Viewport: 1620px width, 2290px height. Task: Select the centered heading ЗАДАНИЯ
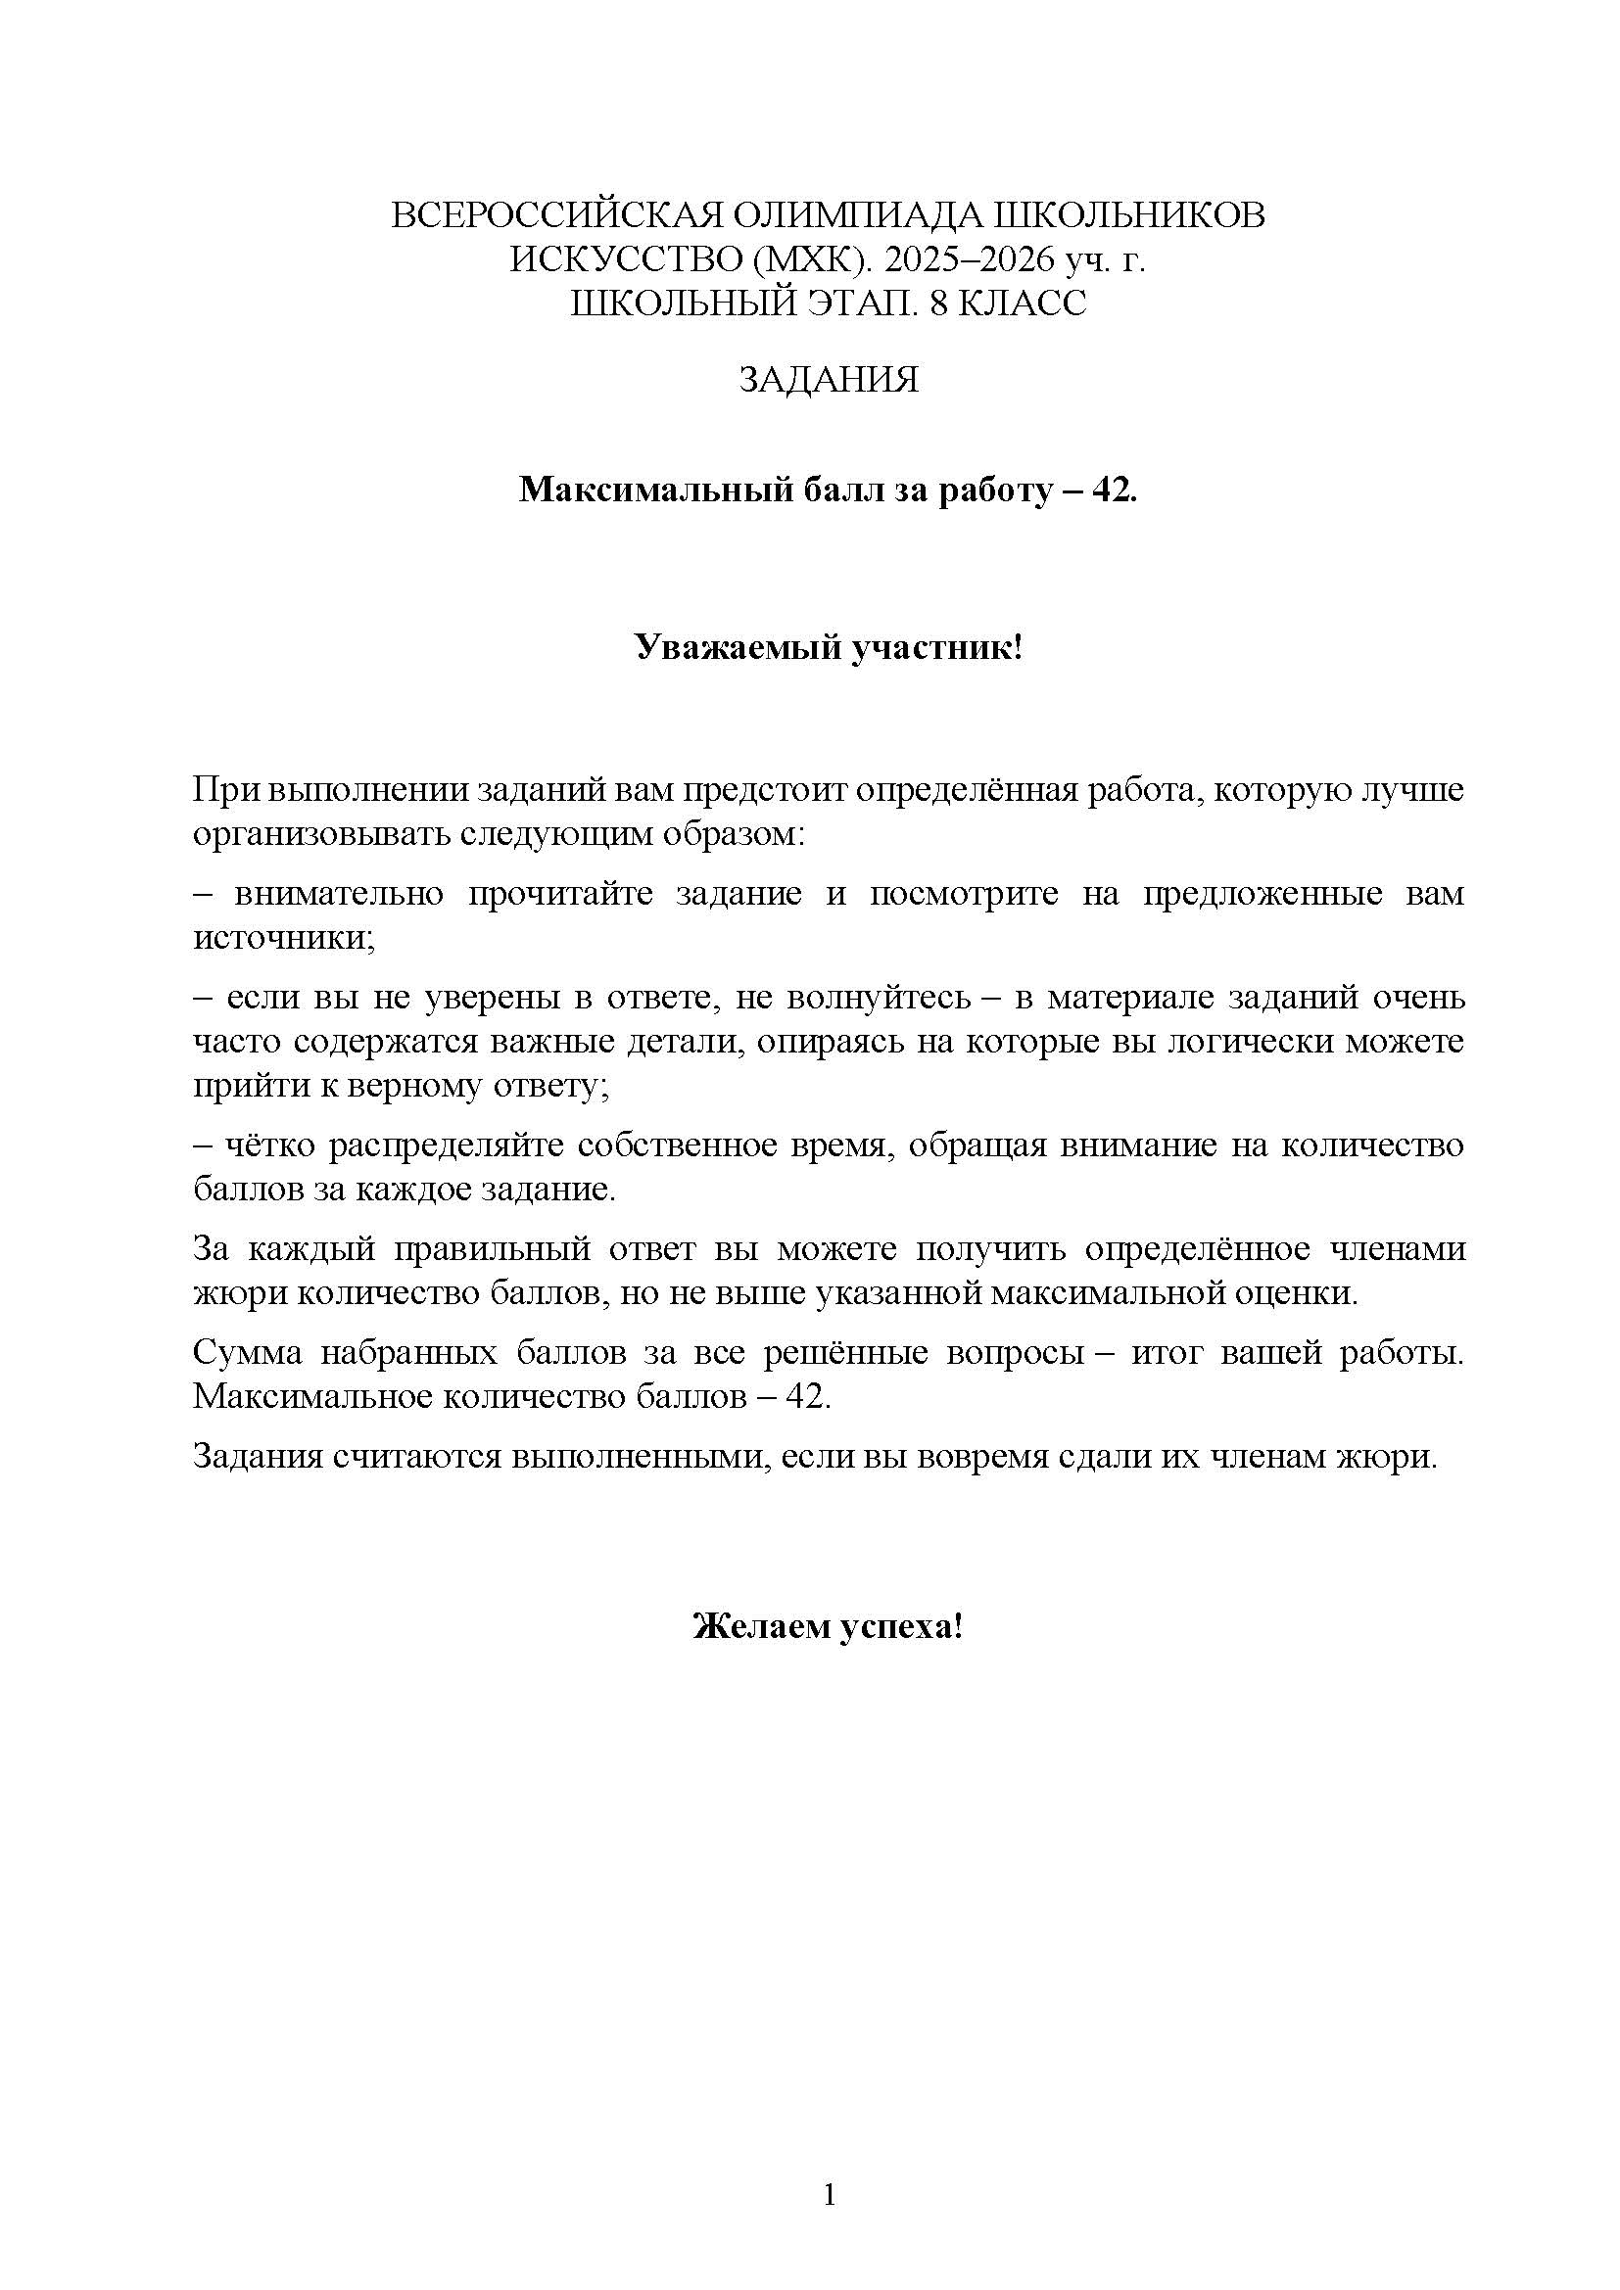(x=828, y=380)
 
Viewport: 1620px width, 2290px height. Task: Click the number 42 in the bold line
(x=1112, y=490)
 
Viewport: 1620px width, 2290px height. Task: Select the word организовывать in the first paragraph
(x=322, y=834)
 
